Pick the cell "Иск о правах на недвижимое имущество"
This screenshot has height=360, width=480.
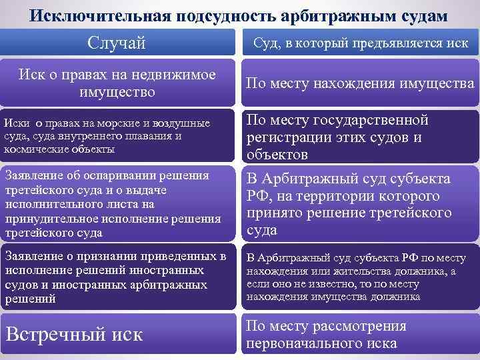117,83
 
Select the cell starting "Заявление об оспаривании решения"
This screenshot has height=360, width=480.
117,205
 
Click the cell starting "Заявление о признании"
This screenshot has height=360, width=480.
117,278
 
